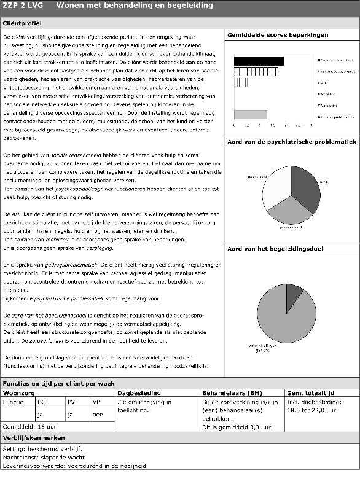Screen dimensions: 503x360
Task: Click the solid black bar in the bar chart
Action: click(x=258, y=60)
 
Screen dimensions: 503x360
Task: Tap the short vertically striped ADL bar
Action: click(x=241, y=82)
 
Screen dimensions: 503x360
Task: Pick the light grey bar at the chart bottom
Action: click(x=250, y=114)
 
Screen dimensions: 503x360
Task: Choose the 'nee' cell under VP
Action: click(x=96, y=414)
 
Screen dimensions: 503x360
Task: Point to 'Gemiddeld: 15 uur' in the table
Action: click(x=28, y=426)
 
